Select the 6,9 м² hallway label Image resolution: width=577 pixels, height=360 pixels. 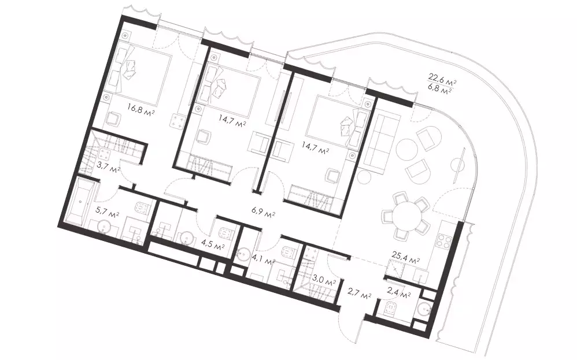point(264,213)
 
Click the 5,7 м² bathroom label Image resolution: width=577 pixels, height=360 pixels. point(107,213)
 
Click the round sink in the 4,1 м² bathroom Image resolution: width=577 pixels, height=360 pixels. point(243,254)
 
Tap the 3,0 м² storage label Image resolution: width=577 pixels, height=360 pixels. point(323,282)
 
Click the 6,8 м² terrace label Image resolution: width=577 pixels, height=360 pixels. point(440,88)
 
